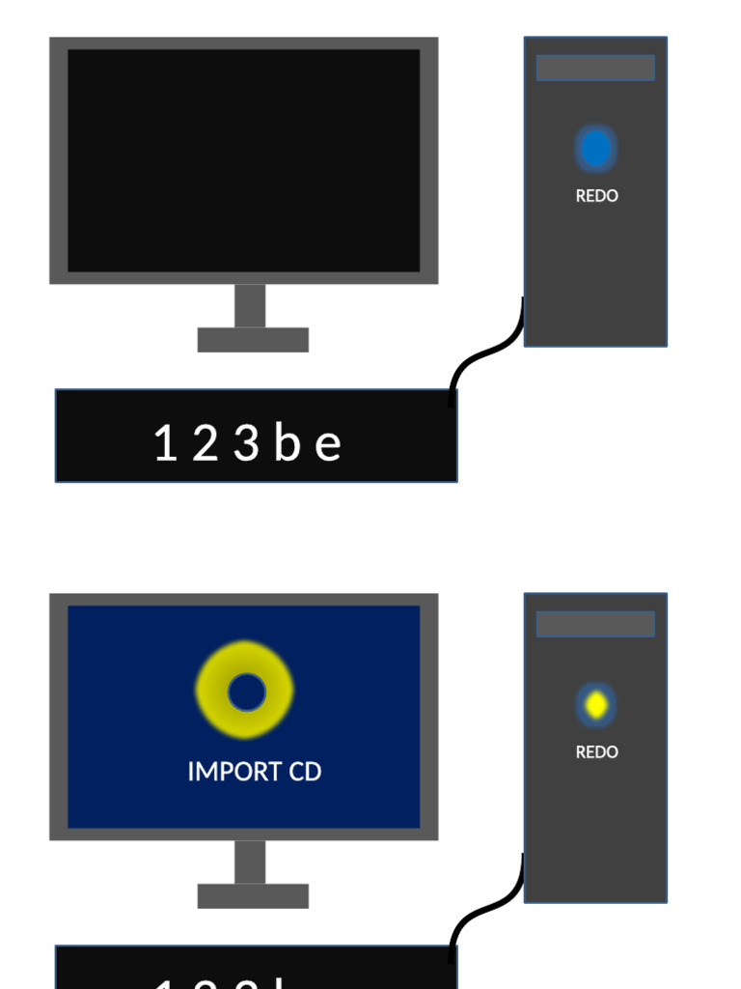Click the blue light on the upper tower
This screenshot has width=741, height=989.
tap(595, 149)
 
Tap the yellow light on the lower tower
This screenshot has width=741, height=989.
tap(596, 705)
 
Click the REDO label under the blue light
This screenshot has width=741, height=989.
tap(596, 196)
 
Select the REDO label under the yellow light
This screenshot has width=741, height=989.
tap(596, 752)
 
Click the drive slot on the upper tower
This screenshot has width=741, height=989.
tap(595, 68)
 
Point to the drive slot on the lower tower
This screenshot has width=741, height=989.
tap(595, 624)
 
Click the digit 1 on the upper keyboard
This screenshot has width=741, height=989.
tap(165, 444)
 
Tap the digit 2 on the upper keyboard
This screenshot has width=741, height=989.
tap(204, 444)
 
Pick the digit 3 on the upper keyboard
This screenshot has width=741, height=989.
tap(246, 444)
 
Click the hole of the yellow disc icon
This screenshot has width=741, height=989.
tap(246, 691)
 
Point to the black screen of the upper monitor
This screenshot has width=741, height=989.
tap(244, 160)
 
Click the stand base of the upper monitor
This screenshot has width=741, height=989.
tap(253, 340)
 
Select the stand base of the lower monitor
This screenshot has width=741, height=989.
tap(253, 896)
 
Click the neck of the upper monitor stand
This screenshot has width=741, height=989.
tap(250, 305)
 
